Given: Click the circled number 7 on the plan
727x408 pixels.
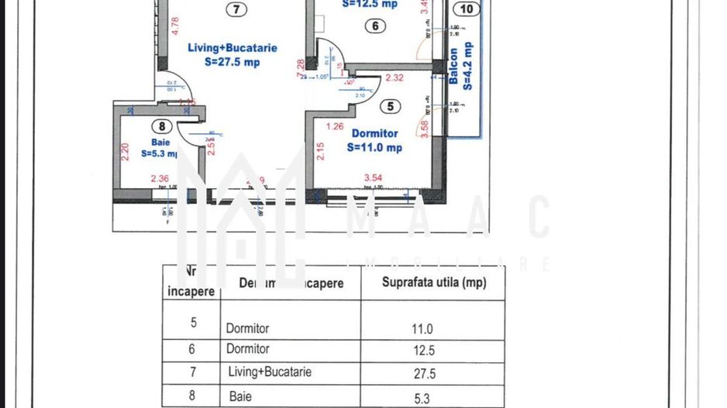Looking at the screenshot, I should point(236,10).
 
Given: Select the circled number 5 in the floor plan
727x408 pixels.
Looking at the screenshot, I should point(391,106).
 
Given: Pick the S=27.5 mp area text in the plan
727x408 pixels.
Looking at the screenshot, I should point(232,63).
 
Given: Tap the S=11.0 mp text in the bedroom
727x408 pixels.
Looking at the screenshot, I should point(374,148).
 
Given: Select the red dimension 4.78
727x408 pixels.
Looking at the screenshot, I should point(174,32).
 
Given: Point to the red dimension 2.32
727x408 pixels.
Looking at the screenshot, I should point(394,77).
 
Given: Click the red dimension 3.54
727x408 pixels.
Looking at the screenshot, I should point(374,179).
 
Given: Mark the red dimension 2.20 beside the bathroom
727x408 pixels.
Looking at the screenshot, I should point(125,150).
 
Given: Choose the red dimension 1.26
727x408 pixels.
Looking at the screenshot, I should point(335,125).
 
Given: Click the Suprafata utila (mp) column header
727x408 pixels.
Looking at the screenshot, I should point(434,283).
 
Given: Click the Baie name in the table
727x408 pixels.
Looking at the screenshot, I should point(241,396).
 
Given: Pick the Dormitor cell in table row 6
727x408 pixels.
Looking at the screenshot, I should point(248,349).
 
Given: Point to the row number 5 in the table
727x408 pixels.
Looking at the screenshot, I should point(193,322).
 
